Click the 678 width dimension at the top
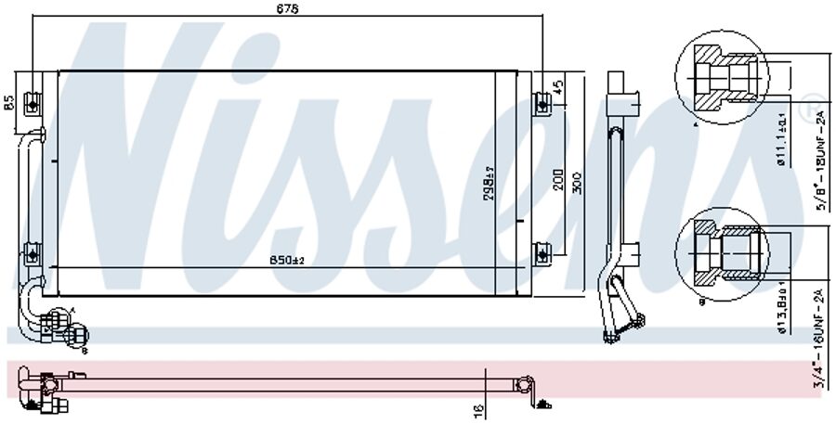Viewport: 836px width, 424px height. click(287, 8)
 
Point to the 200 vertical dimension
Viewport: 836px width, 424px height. click(557, 179)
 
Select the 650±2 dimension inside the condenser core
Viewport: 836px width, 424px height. click(287, 262)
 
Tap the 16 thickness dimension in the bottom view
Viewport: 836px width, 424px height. click(477, 407)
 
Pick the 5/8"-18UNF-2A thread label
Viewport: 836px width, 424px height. click(821, 158)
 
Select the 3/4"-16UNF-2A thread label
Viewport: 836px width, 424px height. click(821, 339)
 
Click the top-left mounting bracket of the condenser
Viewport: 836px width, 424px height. click(33, 99)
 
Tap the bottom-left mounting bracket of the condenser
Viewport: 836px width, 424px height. click(33, 251)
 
